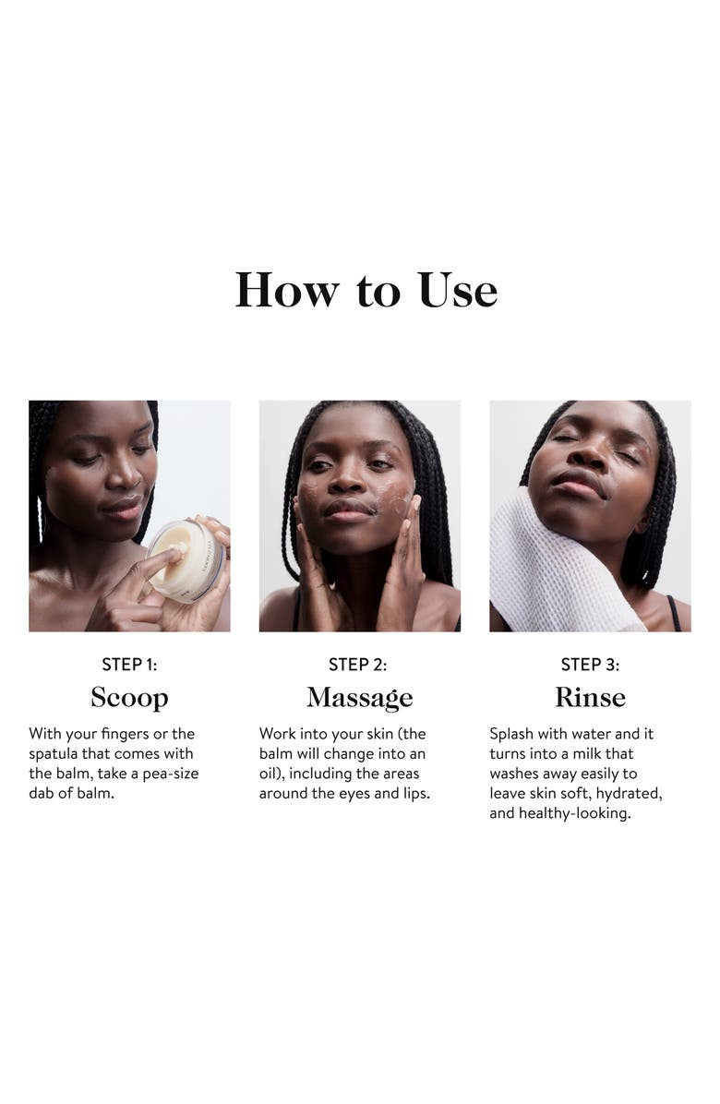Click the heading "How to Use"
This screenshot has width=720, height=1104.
(366, 290)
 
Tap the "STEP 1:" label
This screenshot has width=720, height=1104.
(129, 665)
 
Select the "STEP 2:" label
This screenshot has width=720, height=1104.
(358, 665)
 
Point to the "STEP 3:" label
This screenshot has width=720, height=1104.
(590, 665)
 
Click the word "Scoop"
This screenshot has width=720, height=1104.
(129, 697)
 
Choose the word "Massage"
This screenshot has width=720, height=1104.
(359, 697)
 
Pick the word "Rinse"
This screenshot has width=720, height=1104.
(590, 697)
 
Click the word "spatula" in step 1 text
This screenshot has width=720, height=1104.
(54, 754)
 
